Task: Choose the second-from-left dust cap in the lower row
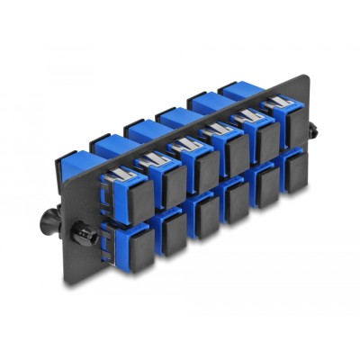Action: pos(171,241)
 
